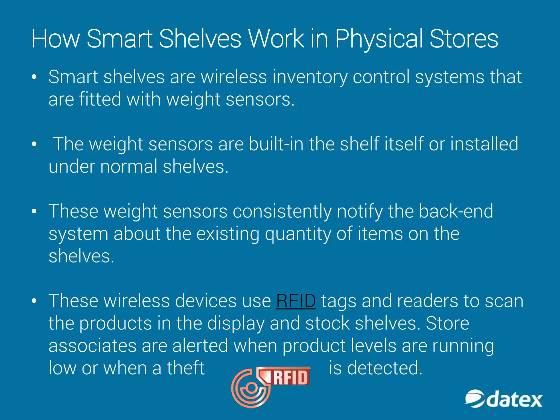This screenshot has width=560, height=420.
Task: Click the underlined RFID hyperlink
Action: coord(296,301)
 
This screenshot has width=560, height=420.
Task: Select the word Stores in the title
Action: coord(464,39)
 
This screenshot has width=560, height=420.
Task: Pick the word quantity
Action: coord(297,234)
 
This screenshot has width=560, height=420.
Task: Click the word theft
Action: coord(186,368)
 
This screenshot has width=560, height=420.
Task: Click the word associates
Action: coord(92,346)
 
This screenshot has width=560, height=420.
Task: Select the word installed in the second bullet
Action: coord(484,144)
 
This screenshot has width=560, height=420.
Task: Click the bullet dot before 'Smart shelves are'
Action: coord(34,77)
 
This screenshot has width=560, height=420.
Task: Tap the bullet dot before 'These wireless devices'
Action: coord(34,301)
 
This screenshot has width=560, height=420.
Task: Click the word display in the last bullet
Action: coord(236,323)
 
